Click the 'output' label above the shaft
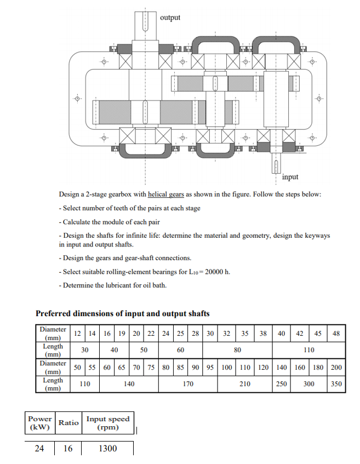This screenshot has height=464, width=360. pos(170,18)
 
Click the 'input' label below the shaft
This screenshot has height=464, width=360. pos(290,176)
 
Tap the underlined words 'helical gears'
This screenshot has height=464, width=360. pos(165,195)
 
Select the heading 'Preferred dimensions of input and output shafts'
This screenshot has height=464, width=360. pos(122,313)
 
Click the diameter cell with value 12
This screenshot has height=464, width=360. pos(78,334)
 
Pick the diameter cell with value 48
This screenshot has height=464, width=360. pos(336,334)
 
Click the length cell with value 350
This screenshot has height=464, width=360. pos(336,384)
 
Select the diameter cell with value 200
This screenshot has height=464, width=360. pos(336,367)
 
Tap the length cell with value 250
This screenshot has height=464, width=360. pos(281,384)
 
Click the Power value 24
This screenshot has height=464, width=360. pos(39,449)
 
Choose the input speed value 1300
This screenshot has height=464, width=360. pos(107,449)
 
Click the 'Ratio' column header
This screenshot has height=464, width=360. pos(68,423)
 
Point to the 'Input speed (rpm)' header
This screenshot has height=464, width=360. pos(107,423)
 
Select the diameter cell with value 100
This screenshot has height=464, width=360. pos(226,367)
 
